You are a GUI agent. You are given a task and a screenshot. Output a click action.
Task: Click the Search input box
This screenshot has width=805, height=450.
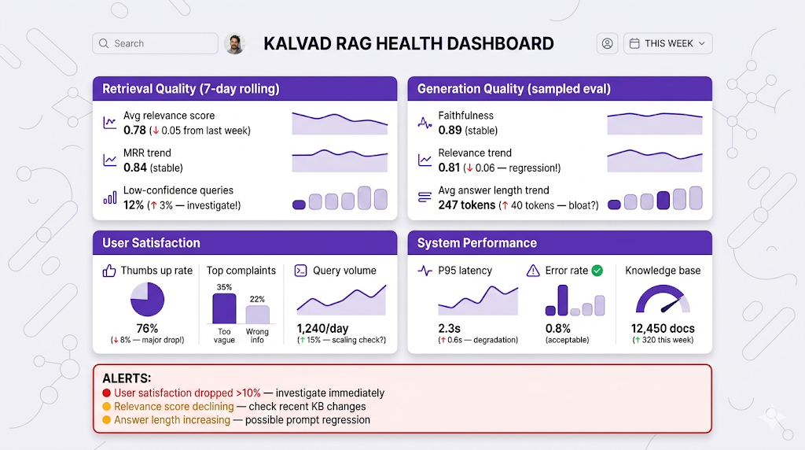pyautogui.click(x=155, y=43)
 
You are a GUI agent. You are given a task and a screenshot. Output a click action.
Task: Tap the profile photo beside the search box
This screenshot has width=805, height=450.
pyautogui.click(x=234, y=43)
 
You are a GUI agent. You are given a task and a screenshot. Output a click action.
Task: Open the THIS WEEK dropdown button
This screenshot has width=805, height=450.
pyautogui.click(x=667, y=43)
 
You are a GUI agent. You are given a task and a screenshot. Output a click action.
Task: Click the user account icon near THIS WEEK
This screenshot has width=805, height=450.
pyautogui.click(x=607, y=43)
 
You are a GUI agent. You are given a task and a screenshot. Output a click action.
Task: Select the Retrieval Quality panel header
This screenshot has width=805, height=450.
pyautogui.click(x=244, y=89)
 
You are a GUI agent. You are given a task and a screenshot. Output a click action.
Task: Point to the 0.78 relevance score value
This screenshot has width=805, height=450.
pyautogui.click(x=134, y=131)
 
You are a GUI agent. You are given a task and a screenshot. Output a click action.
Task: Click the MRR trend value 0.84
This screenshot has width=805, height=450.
pyautogui.click(x=134, y=168)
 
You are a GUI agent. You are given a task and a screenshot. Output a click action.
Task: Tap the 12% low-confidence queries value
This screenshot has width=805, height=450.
pyautogui.click(x=134, y=205)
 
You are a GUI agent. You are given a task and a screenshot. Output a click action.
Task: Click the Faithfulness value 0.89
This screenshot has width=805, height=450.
pyautogui.click(x=450, y=131)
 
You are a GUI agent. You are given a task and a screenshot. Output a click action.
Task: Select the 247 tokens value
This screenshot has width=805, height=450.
pyautogui.click(x=466, y=205)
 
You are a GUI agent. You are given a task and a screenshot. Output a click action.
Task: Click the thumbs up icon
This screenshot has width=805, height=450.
pyautogui.click(x=109, y=271)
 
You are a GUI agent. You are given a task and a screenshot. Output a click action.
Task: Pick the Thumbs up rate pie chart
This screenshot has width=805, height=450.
pyautogui.click(x=147, y=301)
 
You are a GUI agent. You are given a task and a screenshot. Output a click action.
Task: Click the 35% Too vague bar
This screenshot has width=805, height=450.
pyautogui.click(x=224, y=308)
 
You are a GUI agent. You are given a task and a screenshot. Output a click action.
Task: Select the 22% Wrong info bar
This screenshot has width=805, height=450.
pyautogui.click(x=257, y=315)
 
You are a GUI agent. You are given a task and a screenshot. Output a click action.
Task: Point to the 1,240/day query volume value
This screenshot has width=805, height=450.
pyautogui.click(x=322, y=329)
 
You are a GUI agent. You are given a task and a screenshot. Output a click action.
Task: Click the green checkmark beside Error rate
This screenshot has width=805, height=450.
pyautogui.click(x=597, y=271)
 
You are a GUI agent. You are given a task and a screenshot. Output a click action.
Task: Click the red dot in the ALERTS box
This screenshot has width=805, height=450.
pyautogui.click(x=107, y=393)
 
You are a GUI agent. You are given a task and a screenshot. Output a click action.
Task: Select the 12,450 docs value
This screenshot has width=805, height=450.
pyautogui.click(x=663, y=329)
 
